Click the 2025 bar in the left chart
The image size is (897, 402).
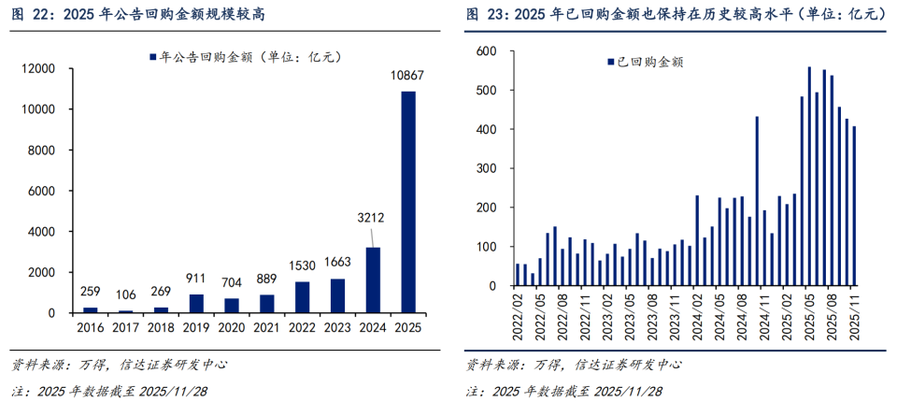pyautogui.click(x=408, y=201)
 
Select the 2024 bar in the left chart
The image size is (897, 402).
pyautogui.click(x=372, y=280)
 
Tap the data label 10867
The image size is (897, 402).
pyautogui.click(x=408, y=79)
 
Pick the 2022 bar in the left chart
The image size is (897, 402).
pyautogui.click(x=303, y=296)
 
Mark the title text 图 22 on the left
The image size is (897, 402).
pyautogui.click(x=27, y=14)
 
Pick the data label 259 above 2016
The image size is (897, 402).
pyautogui.click(x=91, y=292)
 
